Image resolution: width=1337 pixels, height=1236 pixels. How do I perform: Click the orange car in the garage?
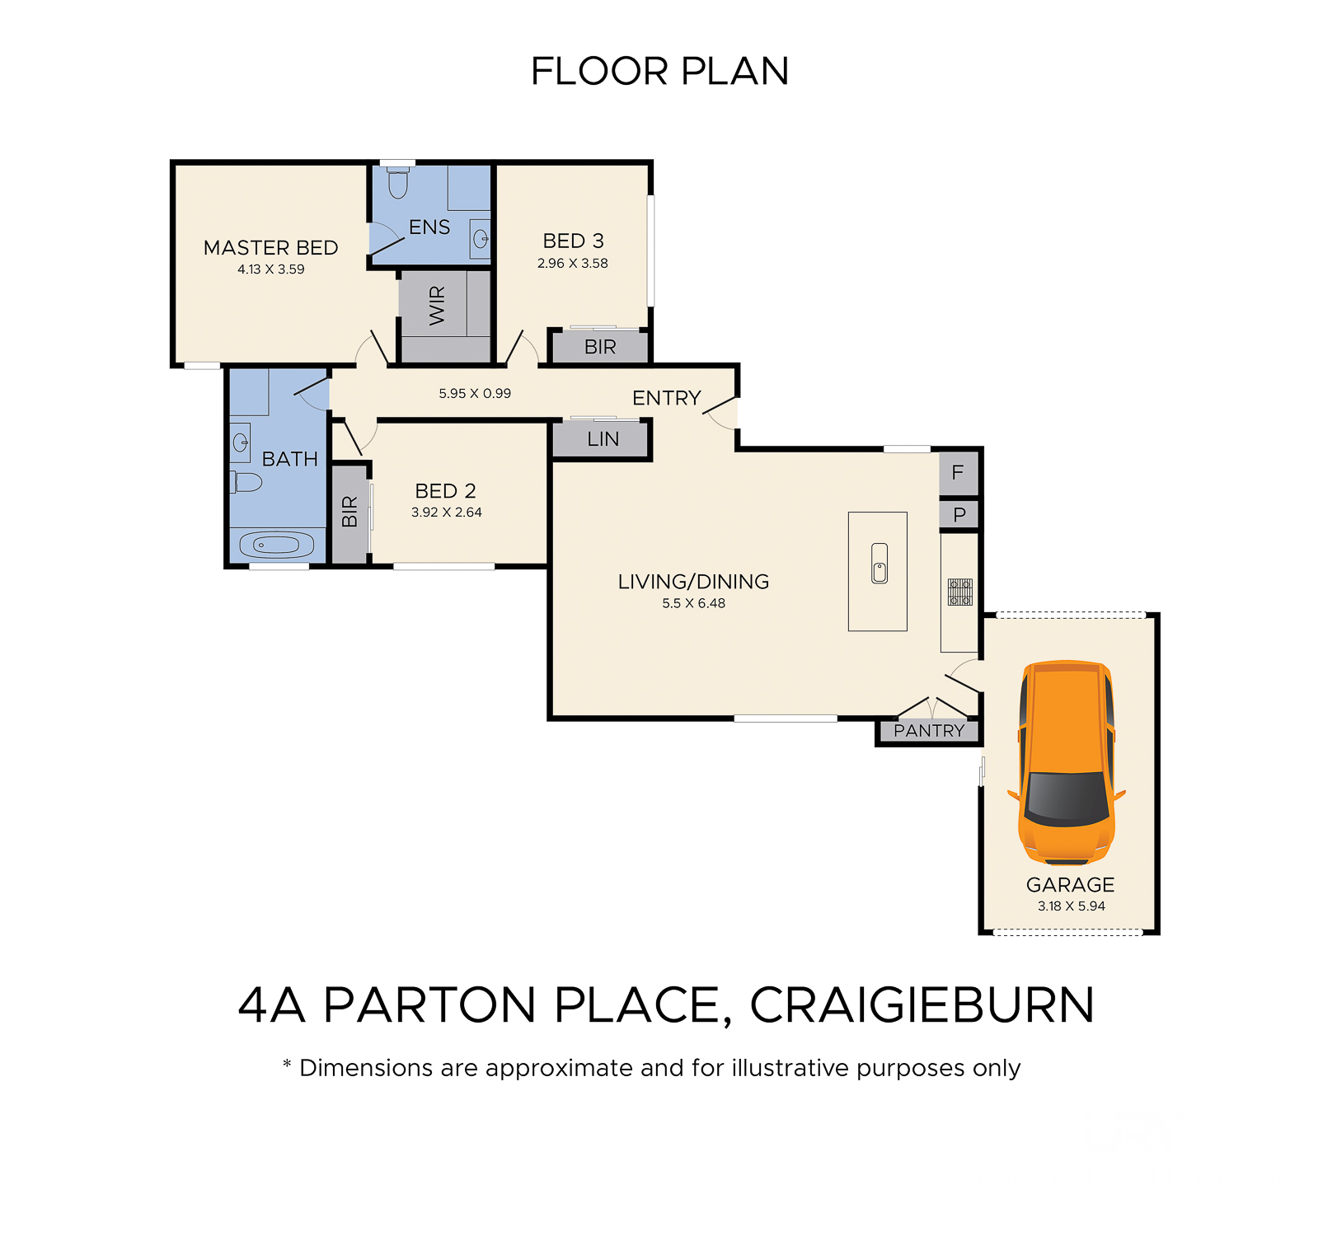1067,763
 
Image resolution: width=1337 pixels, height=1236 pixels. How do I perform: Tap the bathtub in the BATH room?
277,545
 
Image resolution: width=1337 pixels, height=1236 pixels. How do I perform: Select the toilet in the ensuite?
398,183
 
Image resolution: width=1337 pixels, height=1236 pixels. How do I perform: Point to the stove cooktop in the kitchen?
960,592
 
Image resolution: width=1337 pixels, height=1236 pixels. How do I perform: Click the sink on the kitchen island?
880,564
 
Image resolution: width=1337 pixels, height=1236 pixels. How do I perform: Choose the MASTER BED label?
270,247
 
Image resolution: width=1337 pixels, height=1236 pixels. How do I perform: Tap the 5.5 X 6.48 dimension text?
693,603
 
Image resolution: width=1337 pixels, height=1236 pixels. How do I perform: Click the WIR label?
437,305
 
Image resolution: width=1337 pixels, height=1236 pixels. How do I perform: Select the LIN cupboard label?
603,439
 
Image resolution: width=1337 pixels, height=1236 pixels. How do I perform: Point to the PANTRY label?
929,731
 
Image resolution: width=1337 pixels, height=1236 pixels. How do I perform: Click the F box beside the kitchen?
959,473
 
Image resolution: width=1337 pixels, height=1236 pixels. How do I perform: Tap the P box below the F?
959,515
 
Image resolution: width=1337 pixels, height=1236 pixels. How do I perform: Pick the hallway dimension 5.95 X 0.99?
475,393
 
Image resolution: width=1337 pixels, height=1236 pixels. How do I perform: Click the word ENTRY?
666,398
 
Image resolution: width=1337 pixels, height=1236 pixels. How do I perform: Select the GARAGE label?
1070,884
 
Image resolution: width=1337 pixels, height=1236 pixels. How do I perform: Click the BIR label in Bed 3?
600,347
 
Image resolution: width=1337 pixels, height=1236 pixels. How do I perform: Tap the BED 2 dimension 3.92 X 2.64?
446,512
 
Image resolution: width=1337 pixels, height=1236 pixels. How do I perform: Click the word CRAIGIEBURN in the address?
922,1004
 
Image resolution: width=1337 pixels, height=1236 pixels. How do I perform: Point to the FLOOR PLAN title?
659,71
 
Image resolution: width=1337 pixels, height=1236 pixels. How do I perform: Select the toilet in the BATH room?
246,482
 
